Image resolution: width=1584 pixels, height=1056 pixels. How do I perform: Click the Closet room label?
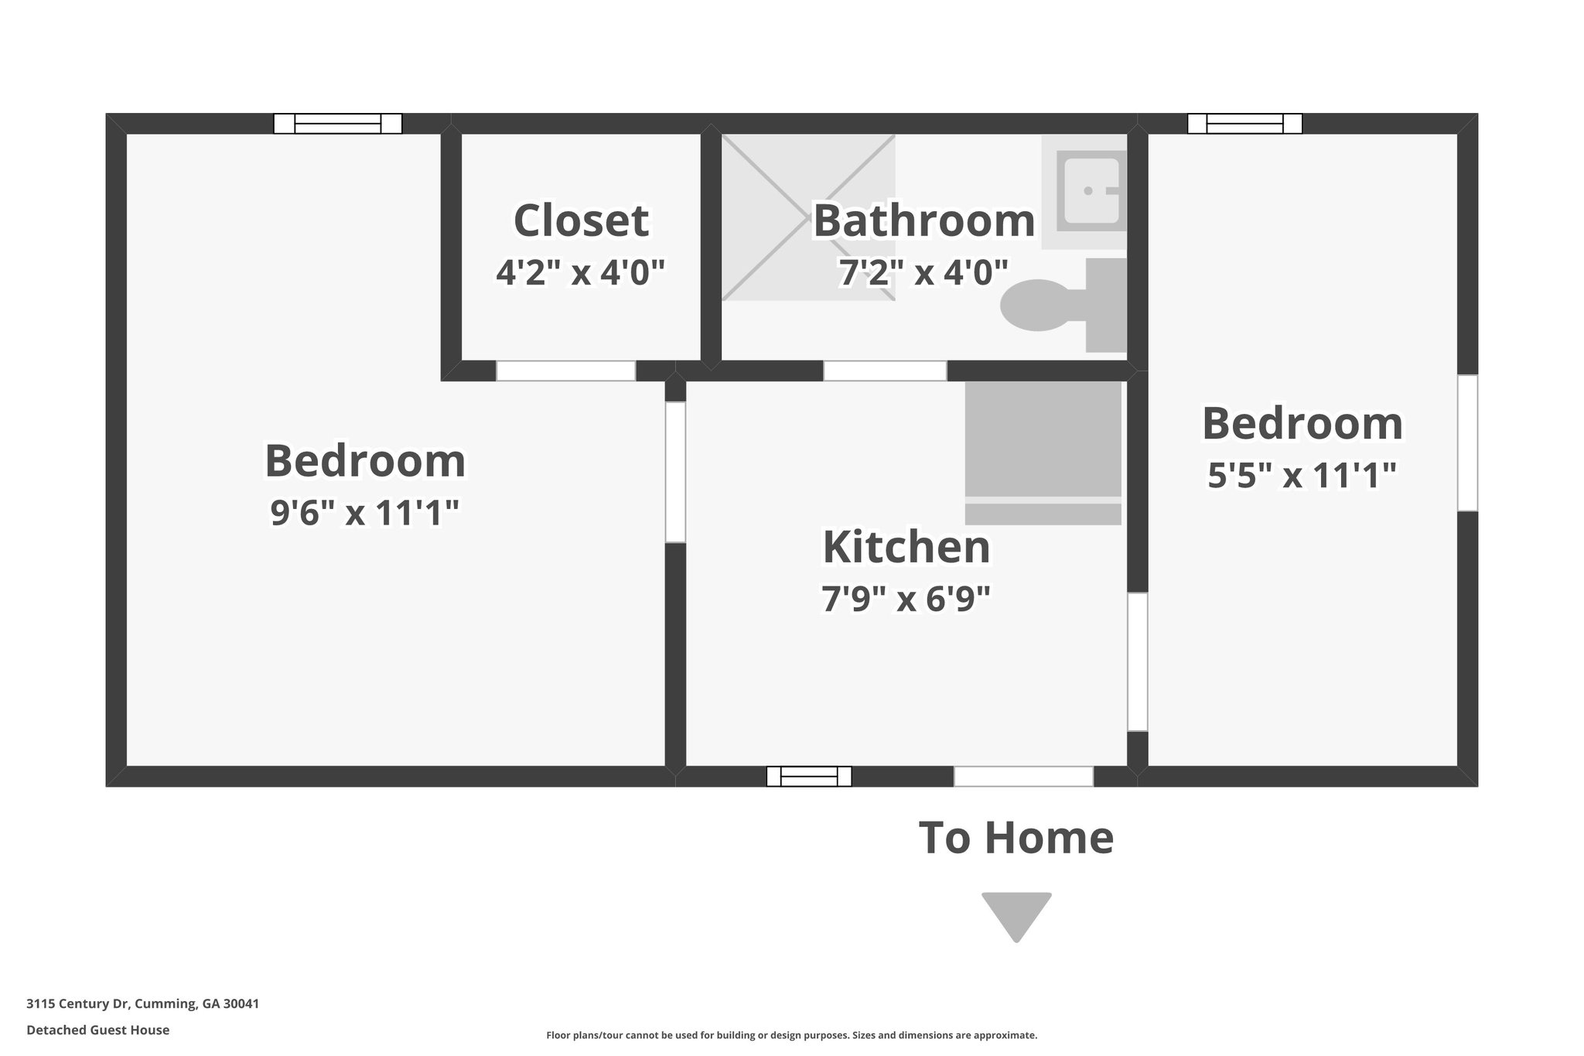(581, 221)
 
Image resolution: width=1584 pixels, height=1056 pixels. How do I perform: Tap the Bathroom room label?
(923, 221)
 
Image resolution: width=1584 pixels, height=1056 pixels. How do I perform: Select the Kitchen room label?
(906, 548)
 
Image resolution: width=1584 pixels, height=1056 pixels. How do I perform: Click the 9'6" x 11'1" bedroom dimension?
(365, 512)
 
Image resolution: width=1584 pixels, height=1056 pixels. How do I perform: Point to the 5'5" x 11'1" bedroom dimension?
(1302, 475)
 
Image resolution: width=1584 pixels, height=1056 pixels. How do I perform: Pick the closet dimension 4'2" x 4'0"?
(581, 272)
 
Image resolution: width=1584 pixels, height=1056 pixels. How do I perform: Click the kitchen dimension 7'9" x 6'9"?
(906, 599)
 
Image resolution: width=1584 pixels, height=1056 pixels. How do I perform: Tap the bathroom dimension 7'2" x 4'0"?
(923, 272)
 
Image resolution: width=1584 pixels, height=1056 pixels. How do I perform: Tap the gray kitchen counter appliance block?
(1043, 453)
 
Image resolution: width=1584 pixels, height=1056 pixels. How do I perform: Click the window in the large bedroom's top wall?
(338, 124)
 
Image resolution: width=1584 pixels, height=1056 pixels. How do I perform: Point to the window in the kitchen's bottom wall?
(809, 776)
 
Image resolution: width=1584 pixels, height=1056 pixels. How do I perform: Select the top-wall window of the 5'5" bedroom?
(1244, 124)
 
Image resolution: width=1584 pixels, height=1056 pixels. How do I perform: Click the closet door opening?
(565, 371)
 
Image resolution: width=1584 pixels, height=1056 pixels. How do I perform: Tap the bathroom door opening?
(885, 371)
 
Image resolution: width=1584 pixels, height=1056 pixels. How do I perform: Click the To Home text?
(1016, 838)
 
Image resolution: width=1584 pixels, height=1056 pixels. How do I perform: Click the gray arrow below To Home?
(1016, 913)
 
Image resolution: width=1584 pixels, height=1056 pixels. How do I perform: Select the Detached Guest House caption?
(97, 1030)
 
